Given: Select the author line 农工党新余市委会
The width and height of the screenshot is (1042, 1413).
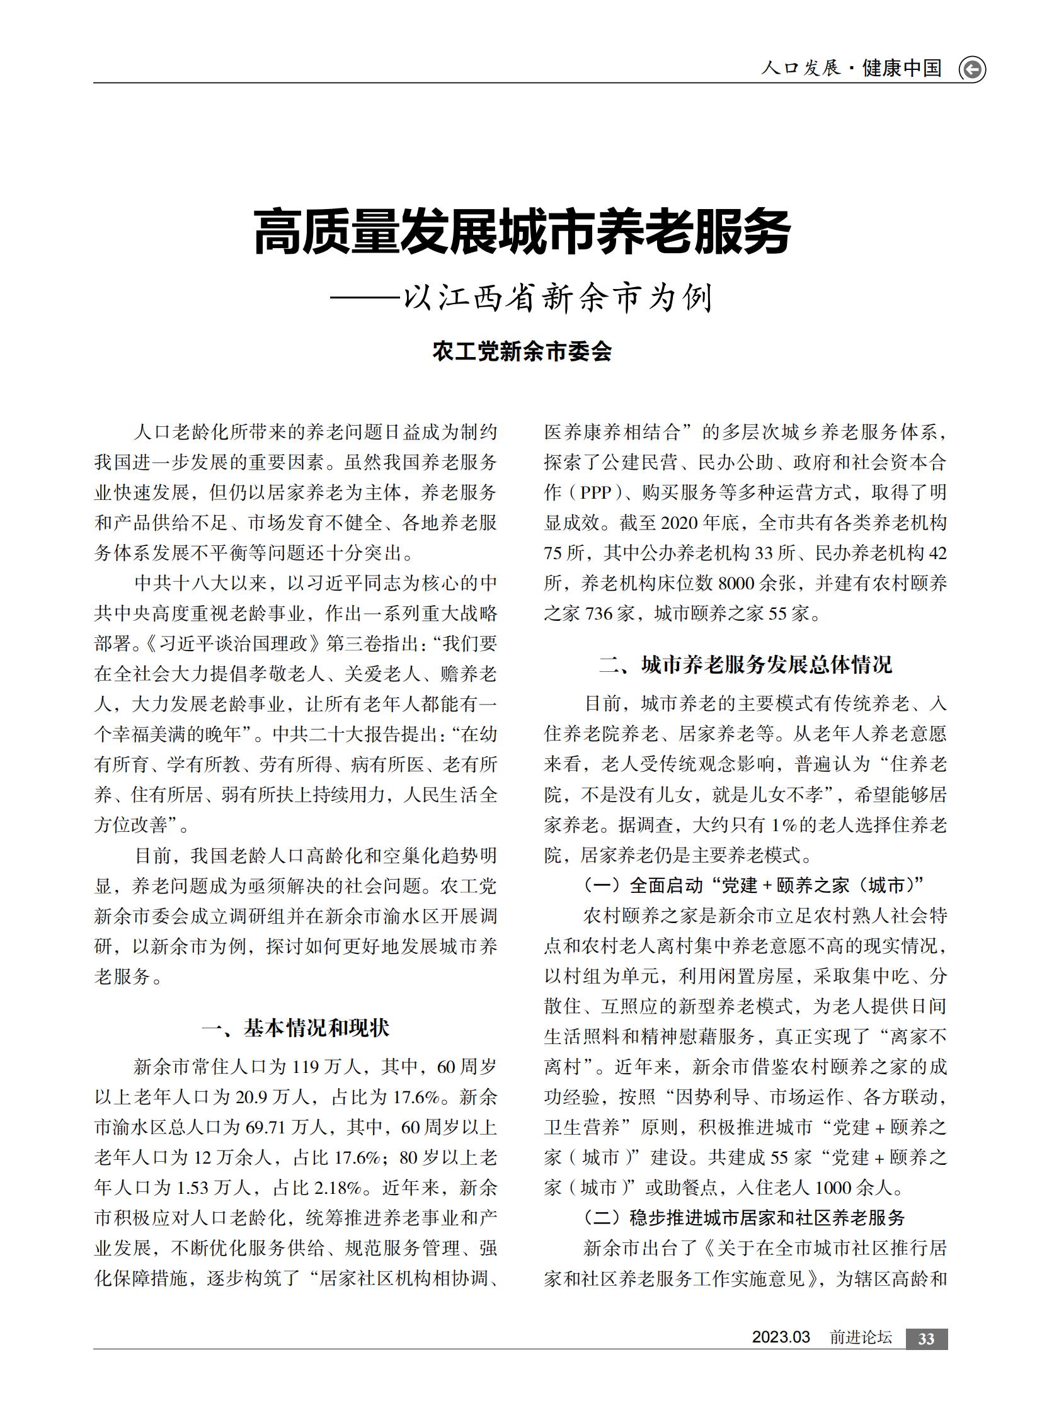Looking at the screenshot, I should point(522,351).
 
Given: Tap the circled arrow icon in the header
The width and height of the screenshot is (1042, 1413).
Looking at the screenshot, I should point(972,69).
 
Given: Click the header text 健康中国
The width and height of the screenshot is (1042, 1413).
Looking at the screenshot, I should point(902,68).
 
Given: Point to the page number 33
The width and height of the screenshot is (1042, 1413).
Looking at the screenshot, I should point(926,1339).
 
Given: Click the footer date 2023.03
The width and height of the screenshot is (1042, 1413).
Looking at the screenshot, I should point(780,1337).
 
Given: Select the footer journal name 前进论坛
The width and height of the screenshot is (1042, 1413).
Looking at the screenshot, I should point(861,1337).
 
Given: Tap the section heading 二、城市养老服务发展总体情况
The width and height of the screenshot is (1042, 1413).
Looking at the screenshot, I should point(745,664).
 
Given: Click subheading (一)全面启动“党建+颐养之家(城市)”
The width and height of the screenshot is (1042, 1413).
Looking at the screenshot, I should point(753,885).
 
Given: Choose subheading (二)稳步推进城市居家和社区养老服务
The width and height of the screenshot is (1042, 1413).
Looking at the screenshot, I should point(745,1218).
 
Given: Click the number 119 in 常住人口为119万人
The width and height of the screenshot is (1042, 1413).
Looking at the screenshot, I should point(306,1067).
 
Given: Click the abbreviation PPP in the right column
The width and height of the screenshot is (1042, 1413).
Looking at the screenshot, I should point(596,492).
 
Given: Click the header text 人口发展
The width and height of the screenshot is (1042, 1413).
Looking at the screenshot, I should point(801,68).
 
